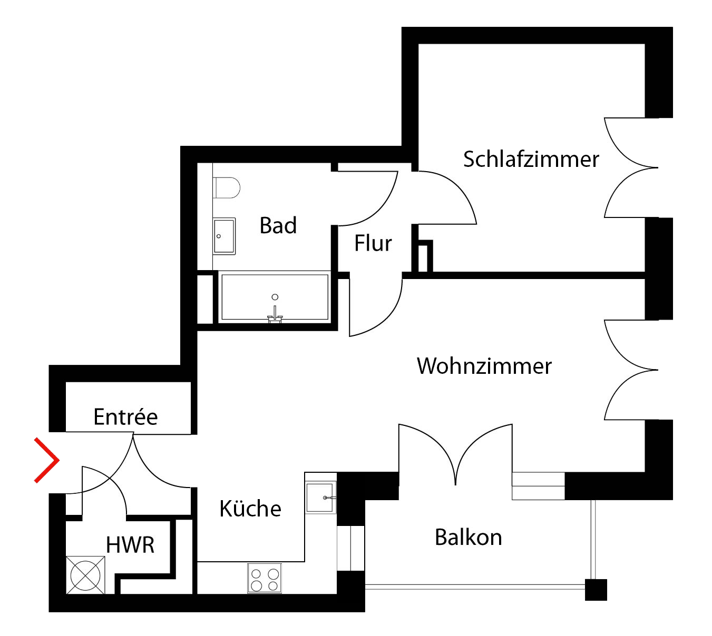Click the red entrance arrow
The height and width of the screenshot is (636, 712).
[x=48, y=460]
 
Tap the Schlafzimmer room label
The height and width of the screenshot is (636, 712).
[x=531, y=159]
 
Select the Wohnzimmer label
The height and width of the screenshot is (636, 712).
[x=484, y=366]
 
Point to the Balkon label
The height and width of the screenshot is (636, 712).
[x=468, y=538]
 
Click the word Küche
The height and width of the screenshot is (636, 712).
[x=250, y=509]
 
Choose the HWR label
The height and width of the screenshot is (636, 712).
[x=130, y=545]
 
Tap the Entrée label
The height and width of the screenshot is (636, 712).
[x=125, y=417]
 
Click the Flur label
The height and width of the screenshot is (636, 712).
[x=373, y=243]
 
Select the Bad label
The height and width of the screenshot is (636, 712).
[x=278, y=225]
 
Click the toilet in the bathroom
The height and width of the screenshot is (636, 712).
[x=227, y=187]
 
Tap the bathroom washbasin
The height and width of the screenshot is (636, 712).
[x=225, y=236]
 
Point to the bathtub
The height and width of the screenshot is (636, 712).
[x=275, y=297]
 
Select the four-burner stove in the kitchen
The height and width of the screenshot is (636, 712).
[x=265, y=579]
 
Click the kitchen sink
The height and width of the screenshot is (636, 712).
[x=320, y=497]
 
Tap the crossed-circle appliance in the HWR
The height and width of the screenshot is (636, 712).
[x=85, y=575]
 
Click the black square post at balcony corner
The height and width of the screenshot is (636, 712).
[x=596, y=590]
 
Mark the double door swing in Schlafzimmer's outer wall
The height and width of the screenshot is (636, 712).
[x=630, y=168]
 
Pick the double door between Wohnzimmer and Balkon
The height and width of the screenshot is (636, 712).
[x=455, y=453]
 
